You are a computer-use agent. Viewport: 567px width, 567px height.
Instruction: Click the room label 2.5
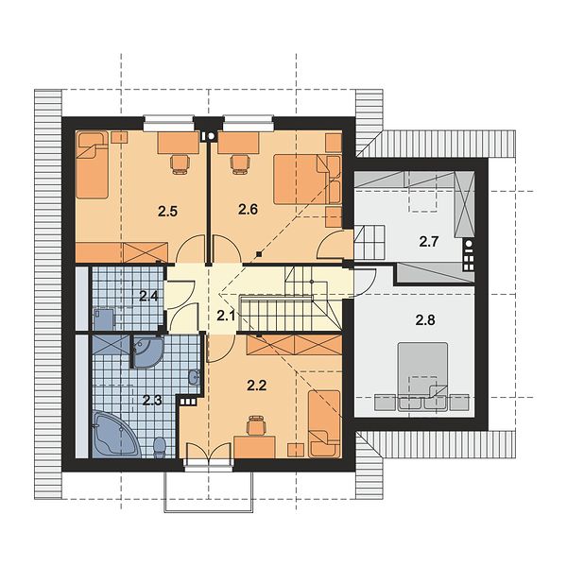[x=168, y=211]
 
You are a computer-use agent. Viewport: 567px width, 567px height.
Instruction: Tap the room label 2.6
[x=248, y=209]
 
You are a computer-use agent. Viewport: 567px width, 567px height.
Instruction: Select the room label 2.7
[x=429, y=242]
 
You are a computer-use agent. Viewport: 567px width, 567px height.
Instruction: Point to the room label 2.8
[x=425, y=320]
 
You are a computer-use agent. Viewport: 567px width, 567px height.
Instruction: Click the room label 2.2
[x=257, y=386]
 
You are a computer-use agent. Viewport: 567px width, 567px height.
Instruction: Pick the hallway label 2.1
[x=226, y=317]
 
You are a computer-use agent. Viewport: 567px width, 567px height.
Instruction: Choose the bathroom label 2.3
[x=152, y=401]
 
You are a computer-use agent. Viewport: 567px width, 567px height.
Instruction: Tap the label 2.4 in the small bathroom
[x=149, y=297]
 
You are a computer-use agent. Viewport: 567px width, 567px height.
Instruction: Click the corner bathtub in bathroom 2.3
[x=115, y=433]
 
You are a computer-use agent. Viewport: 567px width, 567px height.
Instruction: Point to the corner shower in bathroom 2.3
[x=147, y=352]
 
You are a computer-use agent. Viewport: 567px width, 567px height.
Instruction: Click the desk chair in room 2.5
[x=180, y=163]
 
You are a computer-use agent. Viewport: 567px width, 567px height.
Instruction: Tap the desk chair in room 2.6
[x=240, y=163]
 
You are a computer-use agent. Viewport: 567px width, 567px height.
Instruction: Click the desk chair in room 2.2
[x=256, y=425]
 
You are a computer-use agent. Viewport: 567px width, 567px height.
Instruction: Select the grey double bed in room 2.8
[x=422, y=376]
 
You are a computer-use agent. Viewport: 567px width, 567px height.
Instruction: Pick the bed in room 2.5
[x=93, y=165]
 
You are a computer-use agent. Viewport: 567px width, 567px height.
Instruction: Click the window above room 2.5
[x=168, y=123]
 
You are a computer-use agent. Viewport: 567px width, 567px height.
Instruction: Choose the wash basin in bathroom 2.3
[x=194, y=377]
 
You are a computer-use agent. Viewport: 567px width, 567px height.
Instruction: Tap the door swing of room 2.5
[x=191, y=249]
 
